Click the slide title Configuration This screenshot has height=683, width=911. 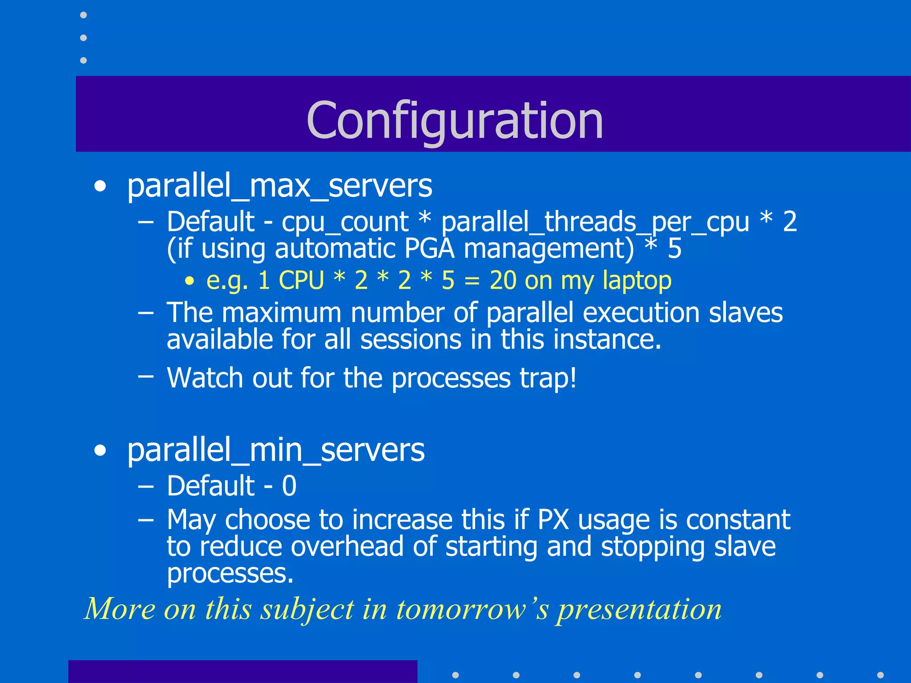click(455, 120)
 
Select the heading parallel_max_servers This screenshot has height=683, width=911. click(279, 186)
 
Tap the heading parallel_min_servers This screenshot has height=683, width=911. click(276, 450)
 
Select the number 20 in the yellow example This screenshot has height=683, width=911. click(503, 281)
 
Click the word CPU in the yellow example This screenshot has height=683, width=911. click(301, 281)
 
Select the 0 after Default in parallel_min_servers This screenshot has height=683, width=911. click(289, 486)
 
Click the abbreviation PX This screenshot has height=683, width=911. click(553, 519)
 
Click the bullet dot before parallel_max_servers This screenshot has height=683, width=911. click(101, 187)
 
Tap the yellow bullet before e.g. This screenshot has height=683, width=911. click(190, 281)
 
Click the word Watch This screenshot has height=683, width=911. click(205, 378)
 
